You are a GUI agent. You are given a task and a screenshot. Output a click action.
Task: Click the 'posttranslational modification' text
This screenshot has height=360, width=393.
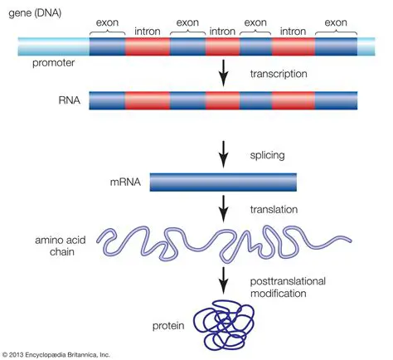[289, 288]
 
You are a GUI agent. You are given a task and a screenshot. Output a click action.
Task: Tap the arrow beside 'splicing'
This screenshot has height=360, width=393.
[221, 154]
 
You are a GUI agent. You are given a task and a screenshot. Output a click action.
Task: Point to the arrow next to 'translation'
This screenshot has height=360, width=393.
[221, 207]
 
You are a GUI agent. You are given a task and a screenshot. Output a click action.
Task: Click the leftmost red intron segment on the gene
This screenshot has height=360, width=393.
[147, 46]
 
